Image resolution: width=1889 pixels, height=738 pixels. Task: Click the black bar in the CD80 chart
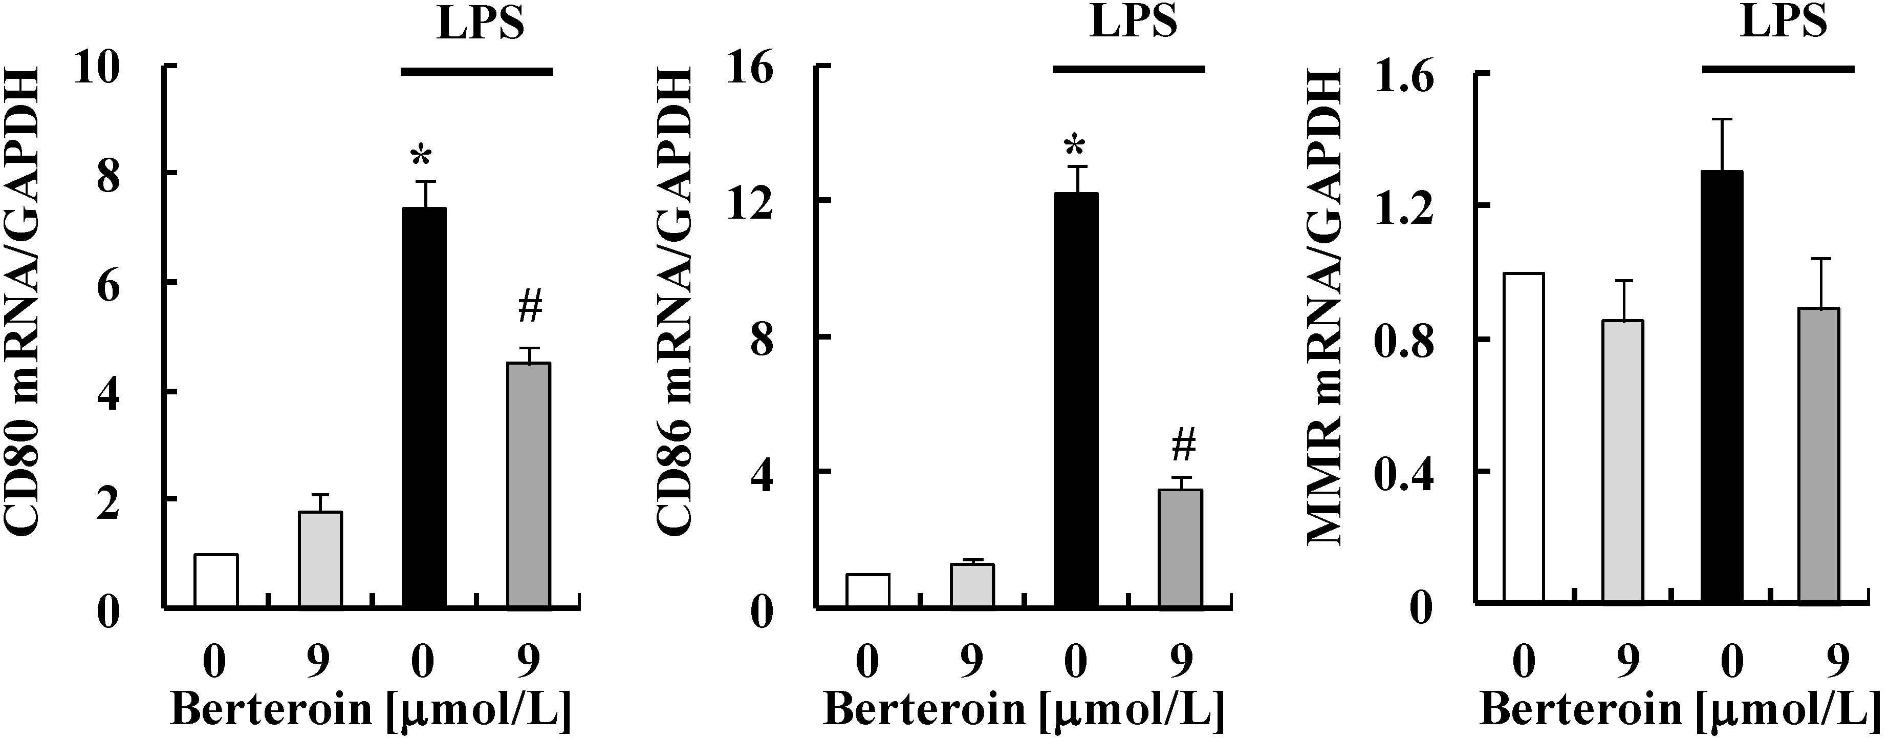(425, 407)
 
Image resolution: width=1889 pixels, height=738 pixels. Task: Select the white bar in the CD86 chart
(867, 590)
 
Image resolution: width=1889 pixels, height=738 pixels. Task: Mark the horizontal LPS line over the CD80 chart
(476, 71)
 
